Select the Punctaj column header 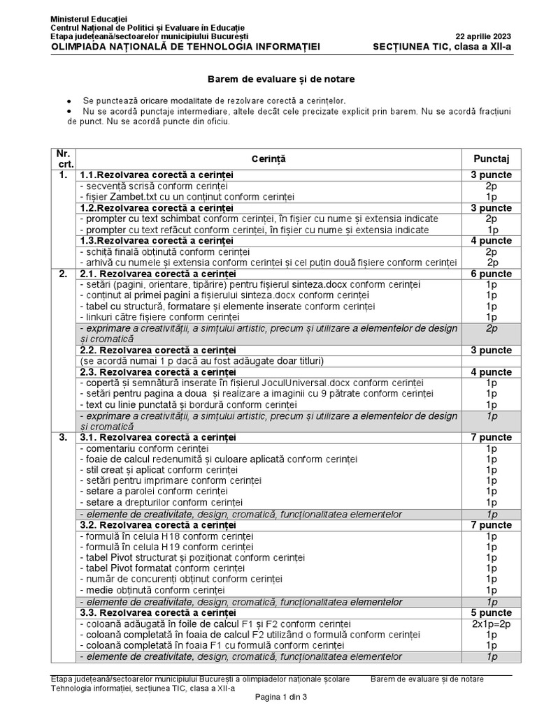(x=492, y=159)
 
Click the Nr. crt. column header (x=64, y=159)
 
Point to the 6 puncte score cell (x=492, y=273)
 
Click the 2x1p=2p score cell (x=492, y=624)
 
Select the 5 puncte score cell (x=492, y=612)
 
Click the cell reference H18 (x=155, y=536)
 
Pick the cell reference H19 (x=155, y=547)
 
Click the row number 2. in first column (x=63, y=273)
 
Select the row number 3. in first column (x=63, y=437)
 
